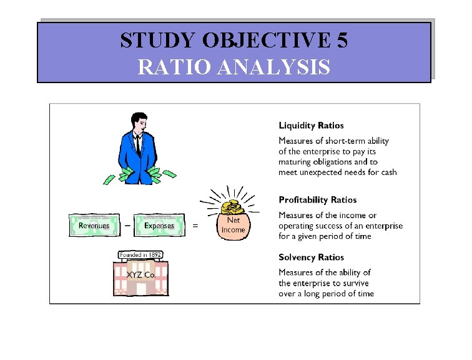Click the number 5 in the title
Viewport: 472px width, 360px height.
[x=342, y=41]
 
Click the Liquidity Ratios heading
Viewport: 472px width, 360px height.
[x=311, y=126]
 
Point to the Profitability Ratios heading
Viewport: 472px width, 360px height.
[x=318, y=200]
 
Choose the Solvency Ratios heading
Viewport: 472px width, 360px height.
[x=311, y=257]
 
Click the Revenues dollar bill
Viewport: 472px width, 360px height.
[x=94, y=226]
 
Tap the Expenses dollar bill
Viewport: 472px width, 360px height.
[x=159, y=226]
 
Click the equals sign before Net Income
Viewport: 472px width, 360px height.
[x=195, y=226]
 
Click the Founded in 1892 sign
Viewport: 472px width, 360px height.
[x=140, y=255]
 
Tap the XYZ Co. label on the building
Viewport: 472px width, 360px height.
[x=141, y=274]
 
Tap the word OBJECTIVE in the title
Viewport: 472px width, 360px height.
[x=266, y=41]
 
